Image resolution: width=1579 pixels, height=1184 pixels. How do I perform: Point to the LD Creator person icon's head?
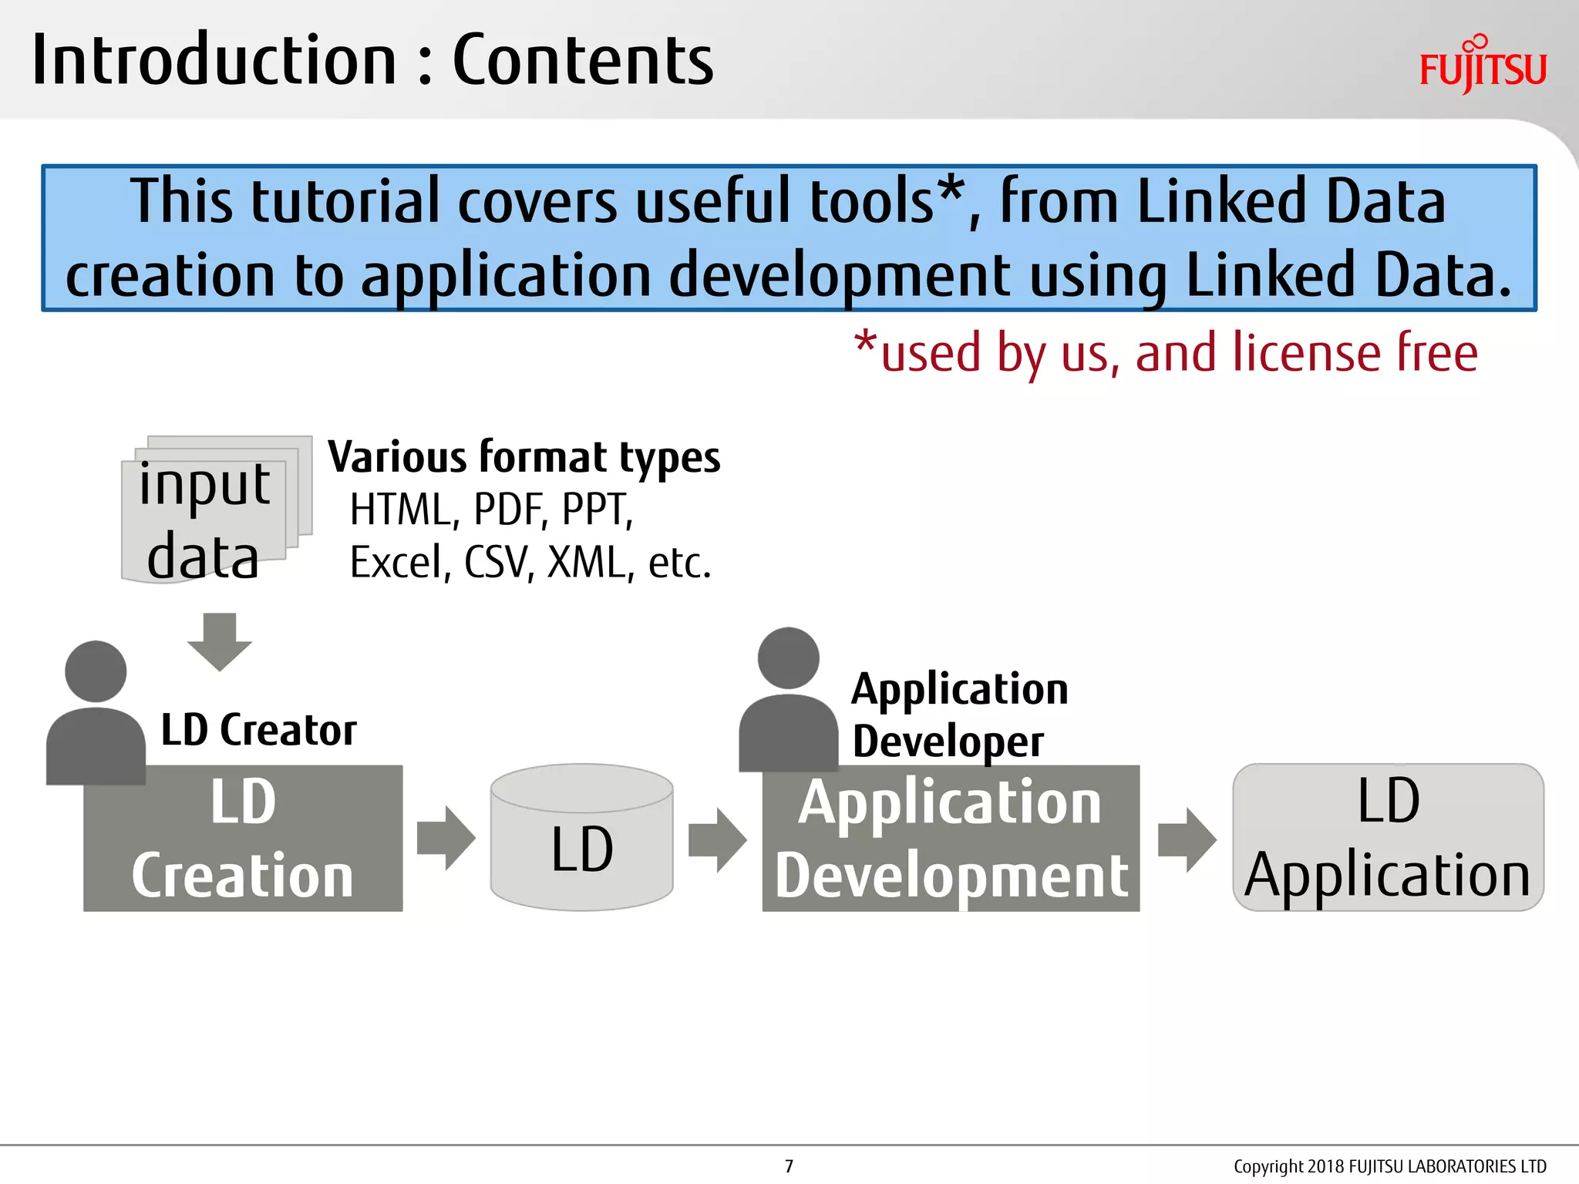pos(96,671)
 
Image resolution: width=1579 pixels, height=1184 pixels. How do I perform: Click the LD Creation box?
pos(243,839)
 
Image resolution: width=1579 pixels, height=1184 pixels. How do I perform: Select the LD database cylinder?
pos(581,838)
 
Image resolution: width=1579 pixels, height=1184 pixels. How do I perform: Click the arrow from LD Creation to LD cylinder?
pos(446,839)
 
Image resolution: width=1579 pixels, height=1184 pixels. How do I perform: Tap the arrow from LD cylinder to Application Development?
pos(717,839)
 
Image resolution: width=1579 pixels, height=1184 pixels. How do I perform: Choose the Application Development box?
pos(951,839)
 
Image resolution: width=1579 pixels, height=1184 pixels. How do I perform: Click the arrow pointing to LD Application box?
pos(1187,839)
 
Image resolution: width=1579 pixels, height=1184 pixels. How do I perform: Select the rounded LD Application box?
pos(1388,838)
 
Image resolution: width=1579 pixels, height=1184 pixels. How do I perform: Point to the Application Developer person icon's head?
pos(788,658)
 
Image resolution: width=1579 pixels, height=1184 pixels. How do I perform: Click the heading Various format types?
pos(524,457)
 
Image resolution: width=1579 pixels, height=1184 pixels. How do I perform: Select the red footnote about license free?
pos(1166,353)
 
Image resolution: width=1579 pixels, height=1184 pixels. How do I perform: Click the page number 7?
pos(789,1166)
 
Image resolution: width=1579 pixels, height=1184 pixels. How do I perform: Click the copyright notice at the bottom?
pos(1389,1166)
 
